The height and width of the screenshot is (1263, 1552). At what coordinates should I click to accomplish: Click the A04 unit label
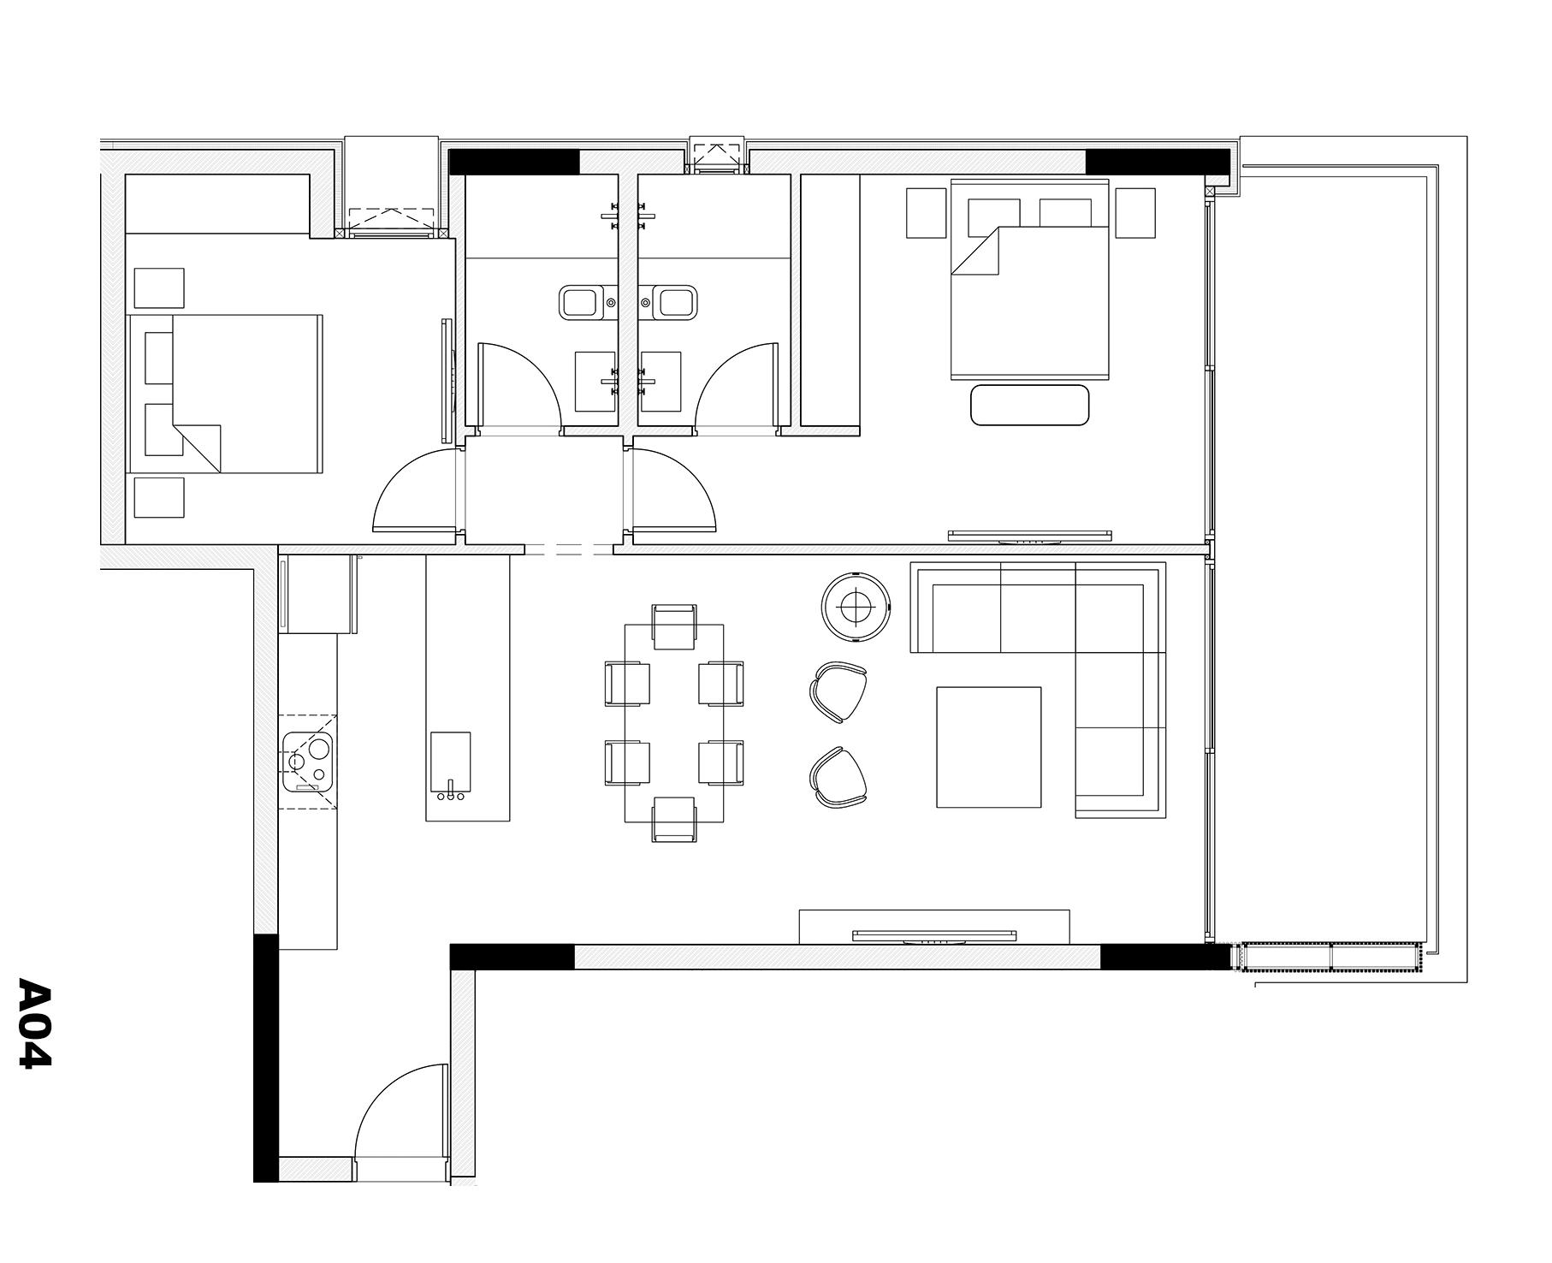pos(35,1022)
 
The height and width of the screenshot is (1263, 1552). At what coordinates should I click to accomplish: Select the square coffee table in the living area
pos(989,747)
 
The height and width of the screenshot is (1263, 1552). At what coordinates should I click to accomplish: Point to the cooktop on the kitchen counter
pos(309,761)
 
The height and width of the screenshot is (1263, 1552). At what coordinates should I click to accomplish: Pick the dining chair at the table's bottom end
pos(674,820)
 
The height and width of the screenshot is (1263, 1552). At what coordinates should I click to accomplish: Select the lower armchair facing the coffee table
pos(839,777)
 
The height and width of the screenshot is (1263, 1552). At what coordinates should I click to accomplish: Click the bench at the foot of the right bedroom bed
pos(1030,405)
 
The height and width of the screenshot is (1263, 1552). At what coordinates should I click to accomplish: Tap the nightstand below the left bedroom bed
pos(159,498)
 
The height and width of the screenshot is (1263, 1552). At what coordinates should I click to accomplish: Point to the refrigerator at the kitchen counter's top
pos(317,594)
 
